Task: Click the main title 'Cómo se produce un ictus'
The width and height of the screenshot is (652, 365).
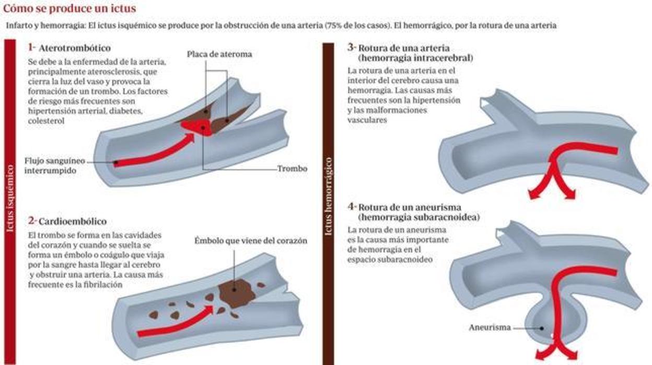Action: (69, 9)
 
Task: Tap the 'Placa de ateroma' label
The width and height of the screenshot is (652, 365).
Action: (219, 54)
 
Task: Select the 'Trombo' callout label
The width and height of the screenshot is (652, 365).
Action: (292, 169)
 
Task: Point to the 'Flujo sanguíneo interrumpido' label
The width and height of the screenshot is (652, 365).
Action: (55, 165)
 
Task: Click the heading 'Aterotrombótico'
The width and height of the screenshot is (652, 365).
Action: (75, 48)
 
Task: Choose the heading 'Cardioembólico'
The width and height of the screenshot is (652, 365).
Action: (73, 221)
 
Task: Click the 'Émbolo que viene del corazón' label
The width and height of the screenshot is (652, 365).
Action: (251, 241)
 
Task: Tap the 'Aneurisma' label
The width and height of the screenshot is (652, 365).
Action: (490, 327)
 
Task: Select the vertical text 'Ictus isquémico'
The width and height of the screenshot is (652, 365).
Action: (10, 199)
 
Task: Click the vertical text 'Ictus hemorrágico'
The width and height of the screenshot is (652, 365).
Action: (328, 196)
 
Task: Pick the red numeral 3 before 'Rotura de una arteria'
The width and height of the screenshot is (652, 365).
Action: (351, 47)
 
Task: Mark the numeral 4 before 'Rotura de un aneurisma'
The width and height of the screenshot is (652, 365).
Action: (351, 207)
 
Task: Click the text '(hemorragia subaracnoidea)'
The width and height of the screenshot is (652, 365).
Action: (419, 218)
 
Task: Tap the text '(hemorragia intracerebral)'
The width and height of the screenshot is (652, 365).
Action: (416, 58)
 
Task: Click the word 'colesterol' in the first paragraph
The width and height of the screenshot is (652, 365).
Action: (46, 121)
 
